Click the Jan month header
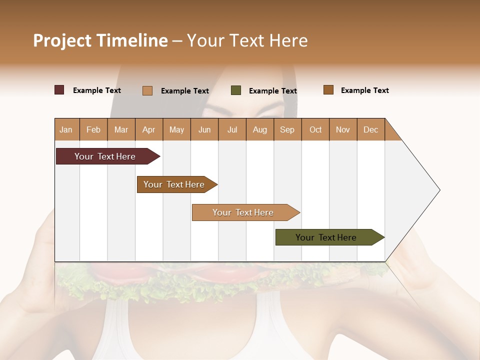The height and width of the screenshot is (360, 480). click(x=66, y=129)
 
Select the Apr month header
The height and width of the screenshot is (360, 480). click(x=148, y=129)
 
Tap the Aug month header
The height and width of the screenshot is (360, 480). click(x=259, y=129)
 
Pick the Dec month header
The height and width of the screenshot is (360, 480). click(x=370, y=129)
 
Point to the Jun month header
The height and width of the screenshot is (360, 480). click(x=204, y=129)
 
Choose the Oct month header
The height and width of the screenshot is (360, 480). click(x=315, y=129)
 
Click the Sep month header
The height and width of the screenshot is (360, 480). click(x=287, y=129)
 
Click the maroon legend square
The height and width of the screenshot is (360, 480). click(x=59, y=90)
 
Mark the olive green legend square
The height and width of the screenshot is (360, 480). click(x=236, y=90)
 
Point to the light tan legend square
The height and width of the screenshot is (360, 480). click(x=147, y=90)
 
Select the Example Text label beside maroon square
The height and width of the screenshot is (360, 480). click(x=97, y=90)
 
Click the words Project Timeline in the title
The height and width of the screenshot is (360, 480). click(x=100, y=40)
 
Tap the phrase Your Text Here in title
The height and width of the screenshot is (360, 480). click(x=247, y=40)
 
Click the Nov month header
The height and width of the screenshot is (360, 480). click(x=343, y=129)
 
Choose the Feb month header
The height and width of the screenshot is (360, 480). click(x=93, y=129)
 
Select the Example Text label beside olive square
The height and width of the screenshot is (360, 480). click(x=273, y=91)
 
